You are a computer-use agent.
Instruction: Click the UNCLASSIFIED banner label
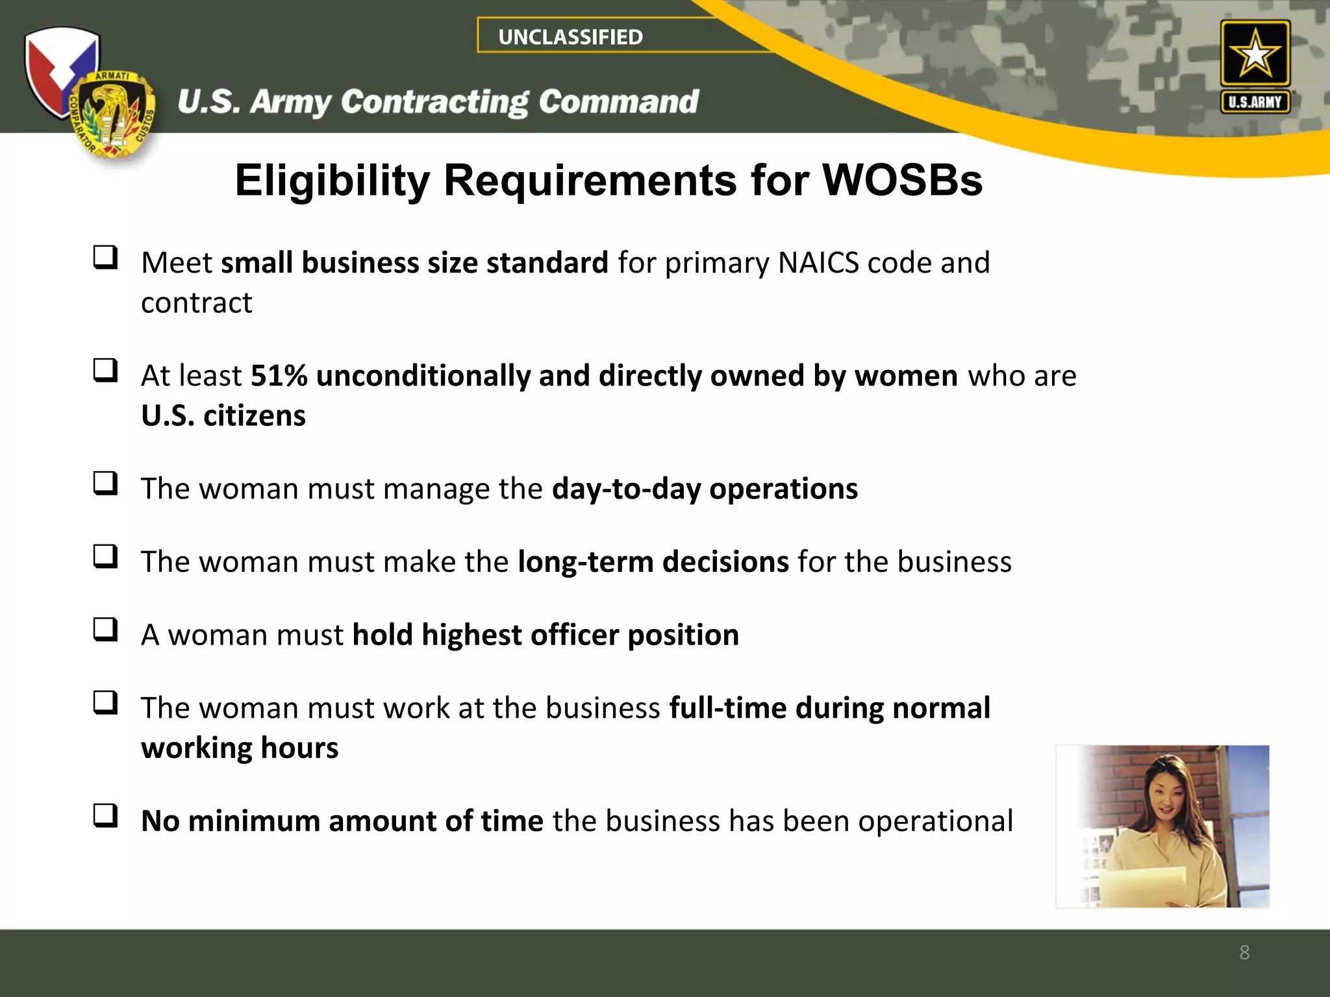[x=570, y=37]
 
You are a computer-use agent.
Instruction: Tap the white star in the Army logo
[x=1255, y=54]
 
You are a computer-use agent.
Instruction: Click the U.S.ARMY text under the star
[x=1255, y=102]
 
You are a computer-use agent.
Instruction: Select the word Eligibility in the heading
[x=332, y=181]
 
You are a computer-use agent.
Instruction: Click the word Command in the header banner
[x=618, y=102]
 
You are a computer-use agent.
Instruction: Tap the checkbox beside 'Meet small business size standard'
[x=106, y=258]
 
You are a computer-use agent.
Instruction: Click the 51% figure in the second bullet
[x=279, y=376]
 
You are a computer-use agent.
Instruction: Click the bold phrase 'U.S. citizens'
[x=223, y=415]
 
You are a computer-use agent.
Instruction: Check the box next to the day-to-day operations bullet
[x=106, y=484]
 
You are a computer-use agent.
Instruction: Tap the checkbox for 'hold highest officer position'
[x=106, y=630]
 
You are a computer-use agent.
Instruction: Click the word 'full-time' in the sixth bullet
[x=727, y=708]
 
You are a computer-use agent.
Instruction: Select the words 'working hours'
[x=240, y=748]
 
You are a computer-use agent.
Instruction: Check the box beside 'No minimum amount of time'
[x=106, y=816]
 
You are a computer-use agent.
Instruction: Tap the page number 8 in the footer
[x=1244, y=952]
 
